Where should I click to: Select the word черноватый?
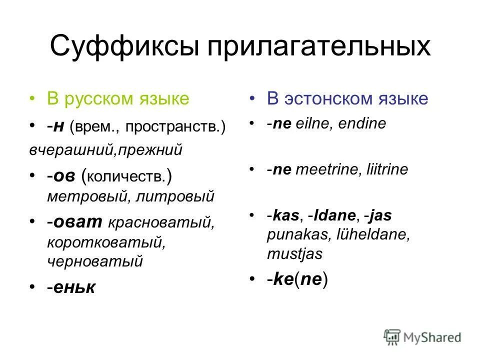(x=95, y=260)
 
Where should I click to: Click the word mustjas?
(x=295, y=253)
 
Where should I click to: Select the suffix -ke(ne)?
(x=297, y=279)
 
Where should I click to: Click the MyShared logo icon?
(x=392, y=336)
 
